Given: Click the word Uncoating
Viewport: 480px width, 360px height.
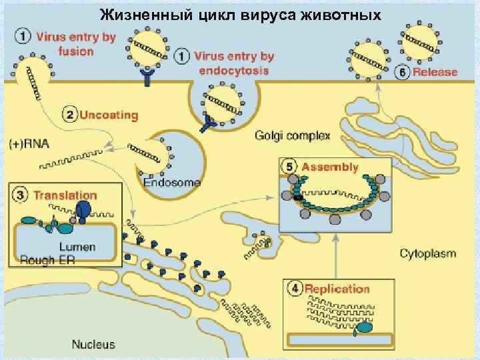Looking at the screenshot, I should [109, 115].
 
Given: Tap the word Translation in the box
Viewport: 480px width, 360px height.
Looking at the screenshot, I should [65, 195].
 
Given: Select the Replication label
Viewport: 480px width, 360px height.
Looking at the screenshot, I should [337, 289].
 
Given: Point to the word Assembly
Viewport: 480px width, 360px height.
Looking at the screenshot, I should [330, 167].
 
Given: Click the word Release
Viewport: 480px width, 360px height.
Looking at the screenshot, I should [435, 72].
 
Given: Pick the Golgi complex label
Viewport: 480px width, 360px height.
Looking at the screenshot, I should [293, 136].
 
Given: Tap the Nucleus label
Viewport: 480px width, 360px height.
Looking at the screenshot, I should [93, 345].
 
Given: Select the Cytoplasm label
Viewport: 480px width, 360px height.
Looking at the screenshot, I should [427, 253].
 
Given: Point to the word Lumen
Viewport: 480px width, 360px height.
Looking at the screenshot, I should [80, 247].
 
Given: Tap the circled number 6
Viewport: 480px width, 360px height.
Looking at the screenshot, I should [402, 72].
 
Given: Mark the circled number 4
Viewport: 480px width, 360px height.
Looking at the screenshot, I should [294, 289].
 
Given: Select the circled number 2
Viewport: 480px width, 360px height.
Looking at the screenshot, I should [69, 115].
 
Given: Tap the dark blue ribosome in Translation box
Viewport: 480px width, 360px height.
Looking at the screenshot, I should [83, 210].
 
